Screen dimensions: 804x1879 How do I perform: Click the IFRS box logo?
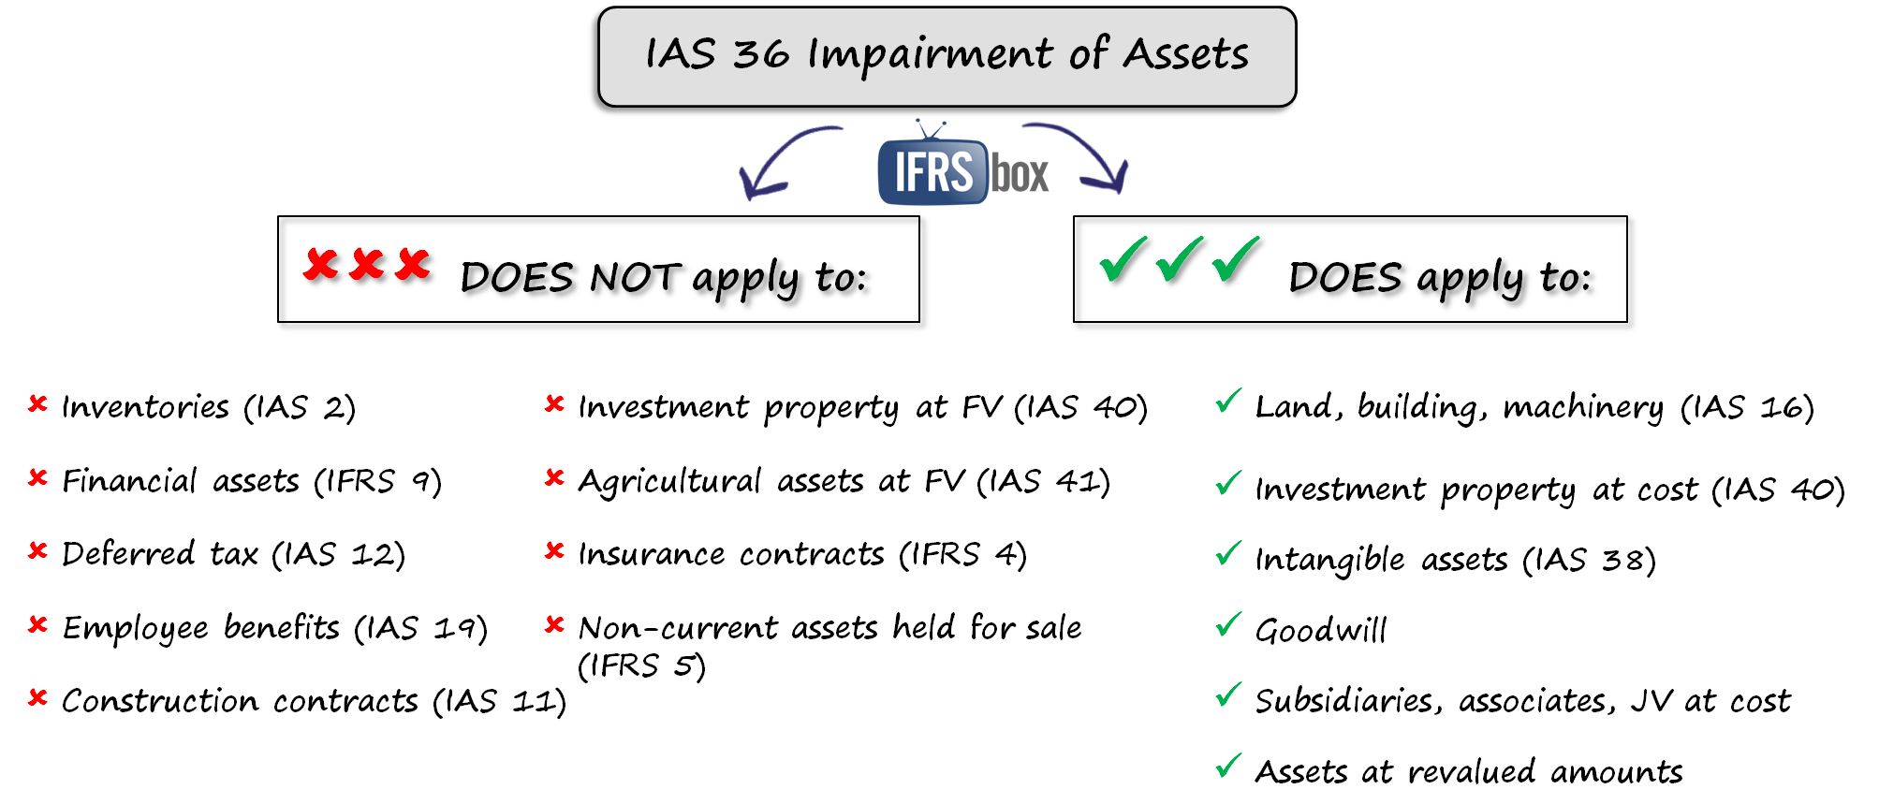(962, 172)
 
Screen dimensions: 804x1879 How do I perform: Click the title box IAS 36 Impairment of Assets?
(944, 57)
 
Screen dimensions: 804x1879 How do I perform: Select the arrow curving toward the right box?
(1086, 155)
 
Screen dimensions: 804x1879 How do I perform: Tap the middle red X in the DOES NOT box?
(368, 266)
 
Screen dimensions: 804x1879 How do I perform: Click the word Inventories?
(145, 407)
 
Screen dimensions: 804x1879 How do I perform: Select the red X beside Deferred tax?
(37, 550)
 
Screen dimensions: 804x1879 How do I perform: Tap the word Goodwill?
(1320, 630)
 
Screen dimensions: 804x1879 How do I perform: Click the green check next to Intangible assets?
(1228, 554)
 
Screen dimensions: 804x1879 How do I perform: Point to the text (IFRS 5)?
(640, 665)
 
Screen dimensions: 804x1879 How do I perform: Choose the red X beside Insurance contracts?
(554, 550)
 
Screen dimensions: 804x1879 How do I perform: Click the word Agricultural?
(669, 481)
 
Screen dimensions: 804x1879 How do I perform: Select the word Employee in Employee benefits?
(135, 628)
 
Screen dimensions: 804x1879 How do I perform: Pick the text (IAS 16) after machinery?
(1747, 407)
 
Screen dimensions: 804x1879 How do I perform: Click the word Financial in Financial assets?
(129, 481)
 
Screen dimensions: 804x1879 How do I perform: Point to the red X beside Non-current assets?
(554, 623)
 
